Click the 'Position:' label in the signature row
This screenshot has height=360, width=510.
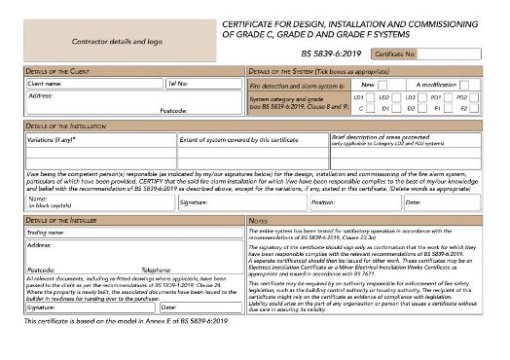[x=323, y=202]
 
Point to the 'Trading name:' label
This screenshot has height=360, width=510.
[x=47, y=233]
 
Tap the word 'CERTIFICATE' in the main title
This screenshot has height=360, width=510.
[x=256, y=20]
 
